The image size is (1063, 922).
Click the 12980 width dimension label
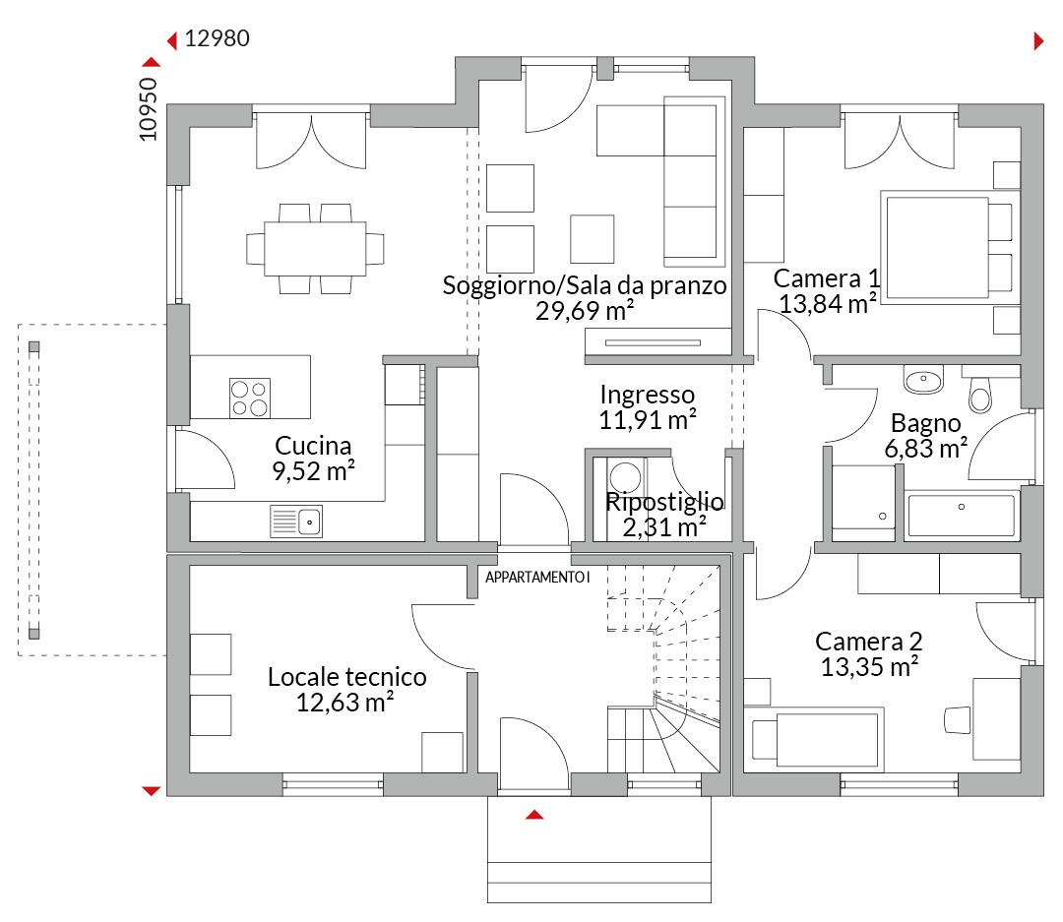point(217,38)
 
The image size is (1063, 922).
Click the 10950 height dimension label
point(148,109)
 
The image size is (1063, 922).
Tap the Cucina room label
point(313,446)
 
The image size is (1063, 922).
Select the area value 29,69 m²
point(585,311)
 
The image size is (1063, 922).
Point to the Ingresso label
point(648,395)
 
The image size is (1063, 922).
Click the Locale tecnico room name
point(347,677)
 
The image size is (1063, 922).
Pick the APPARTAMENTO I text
point(537,577)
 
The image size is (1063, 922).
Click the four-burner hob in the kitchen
point(249,398)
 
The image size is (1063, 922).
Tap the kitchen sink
point(296,522)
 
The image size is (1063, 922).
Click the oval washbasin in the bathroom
point(923,380)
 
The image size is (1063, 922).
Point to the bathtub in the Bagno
point(961,516)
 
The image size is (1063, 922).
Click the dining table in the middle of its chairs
point(315,248)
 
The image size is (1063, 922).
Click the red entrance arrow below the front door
point(534,814)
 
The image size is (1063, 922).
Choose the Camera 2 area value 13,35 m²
point(870,667)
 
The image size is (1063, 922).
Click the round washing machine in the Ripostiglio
point(626,476)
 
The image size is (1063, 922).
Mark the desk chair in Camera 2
point(958,720)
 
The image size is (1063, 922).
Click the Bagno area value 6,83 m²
point(926,448)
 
